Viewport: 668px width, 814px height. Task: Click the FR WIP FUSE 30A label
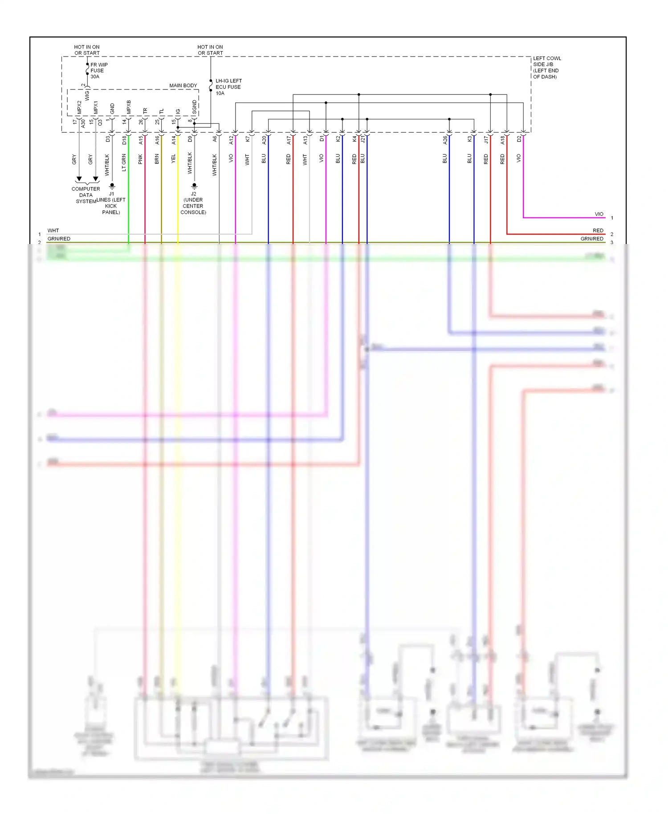coord(98,70)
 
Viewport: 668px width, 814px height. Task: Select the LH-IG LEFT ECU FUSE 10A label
coord(228,87)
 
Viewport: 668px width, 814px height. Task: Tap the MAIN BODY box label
coord(183,85)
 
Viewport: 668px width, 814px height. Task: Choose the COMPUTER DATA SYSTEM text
coord(86,195)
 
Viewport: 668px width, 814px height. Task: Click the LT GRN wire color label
coord(124,163)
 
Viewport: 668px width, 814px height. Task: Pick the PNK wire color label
coord(140,159)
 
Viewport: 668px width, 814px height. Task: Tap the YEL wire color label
coord(173,159)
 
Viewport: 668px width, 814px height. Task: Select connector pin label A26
coord(445,140)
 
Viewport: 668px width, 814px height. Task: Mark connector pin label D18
coord(124,140)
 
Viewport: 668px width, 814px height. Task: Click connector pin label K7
coord(248,139)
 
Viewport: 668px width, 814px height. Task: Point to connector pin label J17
coord(486,140)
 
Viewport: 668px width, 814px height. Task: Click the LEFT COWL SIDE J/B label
coord(546,67)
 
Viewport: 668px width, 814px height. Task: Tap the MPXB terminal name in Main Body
coord(129,107)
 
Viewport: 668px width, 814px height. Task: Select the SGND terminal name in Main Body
coord(194,107)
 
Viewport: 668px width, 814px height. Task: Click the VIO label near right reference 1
coord(599,214)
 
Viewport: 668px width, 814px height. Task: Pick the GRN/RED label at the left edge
coord(59,239)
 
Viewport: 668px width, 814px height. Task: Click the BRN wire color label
coord(157,159)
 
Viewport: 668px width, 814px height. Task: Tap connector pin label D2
coord(519,139)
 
